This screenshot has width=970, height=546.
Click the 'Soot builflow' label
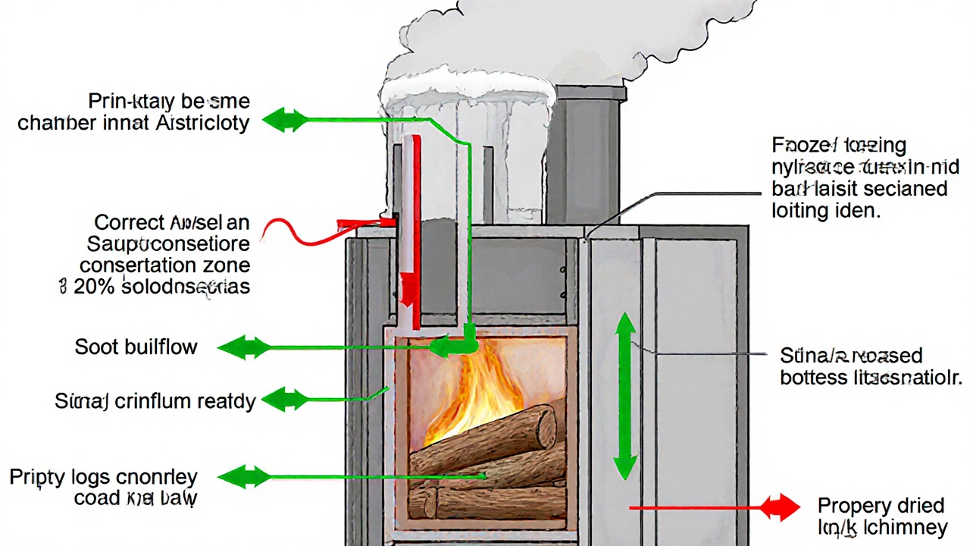click(x=136, y=347)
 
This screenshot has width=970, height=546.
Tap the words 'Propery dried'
click(x=881, y=506)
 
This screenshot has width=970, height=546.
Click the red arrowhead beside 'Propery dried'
click(x=782, y=507)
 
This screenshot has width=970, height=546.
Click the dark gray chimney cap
click(x=590, y=94)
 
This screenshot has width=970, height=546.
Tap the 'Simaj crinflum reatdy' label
click(x=155, y=400)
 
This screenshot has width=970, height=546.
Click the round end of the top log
click(x=546, y=427)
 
